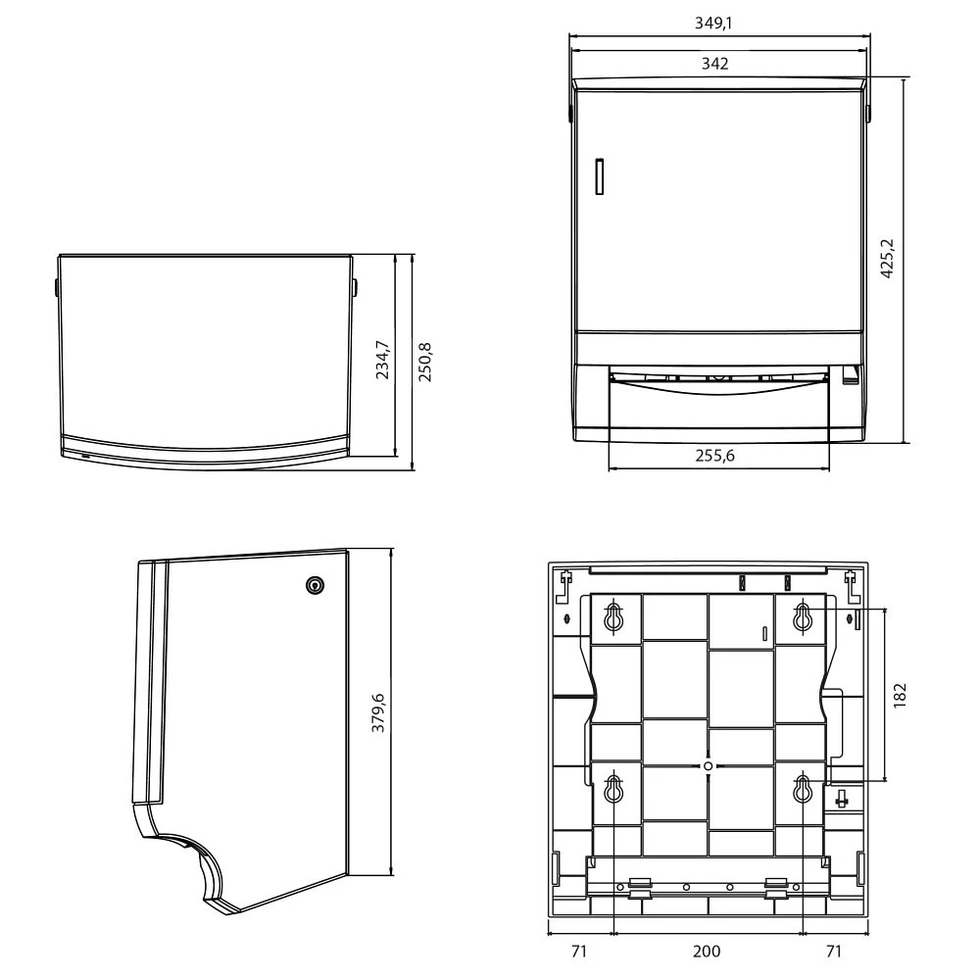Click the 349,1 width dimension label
(713, 24)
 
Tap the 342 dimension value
(715, 64)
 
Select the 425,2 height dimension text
(887, 258)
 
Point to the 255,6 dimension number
(715, 456)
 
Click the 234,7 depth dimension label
(382, 360)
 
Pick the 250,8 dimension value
(424, 363)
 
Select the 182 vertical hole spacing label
(900, 695)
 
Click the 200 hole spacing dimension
(707, 951)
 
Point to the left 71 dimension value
(579, 951)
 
